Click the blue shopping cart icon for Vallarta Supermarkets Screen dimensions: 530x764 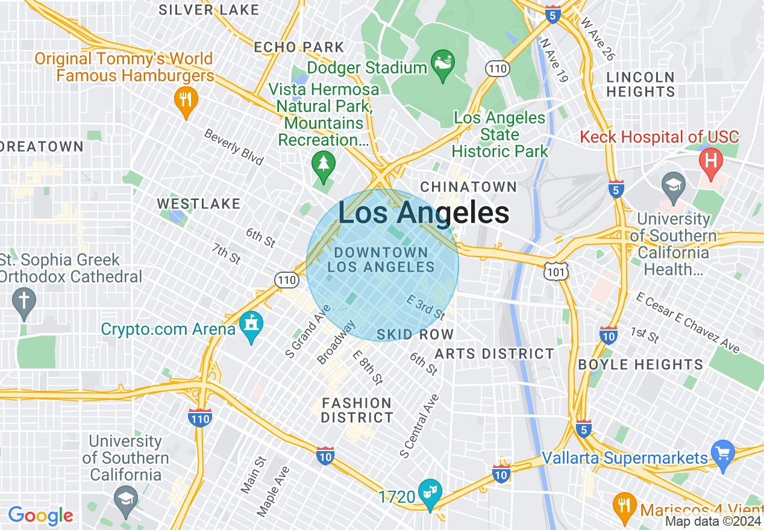(x=722, y=452)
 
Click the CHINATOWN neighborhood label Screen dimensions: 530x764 (x=468, y=187)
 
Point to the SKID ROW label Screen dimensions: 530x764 (x=415, y=334)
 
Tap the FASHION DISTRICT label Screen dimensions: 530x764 (x=357, y=410)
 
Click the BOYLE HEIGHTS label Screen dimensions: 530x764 (x=640, y=364)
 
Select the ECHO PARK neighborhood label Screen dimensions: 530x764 (x=299, y=47)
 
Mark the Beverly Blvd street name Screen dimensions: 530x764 (x=234, y=147)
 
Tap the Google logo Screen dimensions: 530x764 (x=40, y=516)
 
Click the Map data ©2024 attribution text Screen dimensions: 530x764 (x=713, y=522)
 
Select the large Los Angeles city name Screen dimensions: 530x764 (x=424, y=213)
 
